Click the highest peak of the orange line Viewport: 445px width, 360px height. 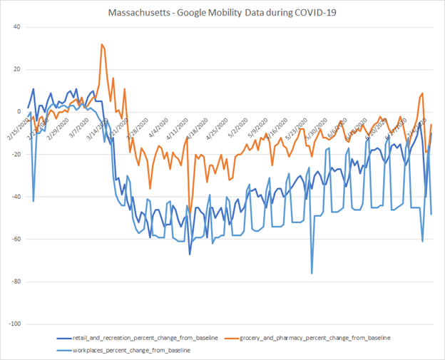point(102,44)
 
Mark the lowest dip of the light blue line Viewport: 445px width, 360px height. point(312,273)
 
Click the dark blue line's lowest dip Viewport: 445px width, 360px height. point(190,254)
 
